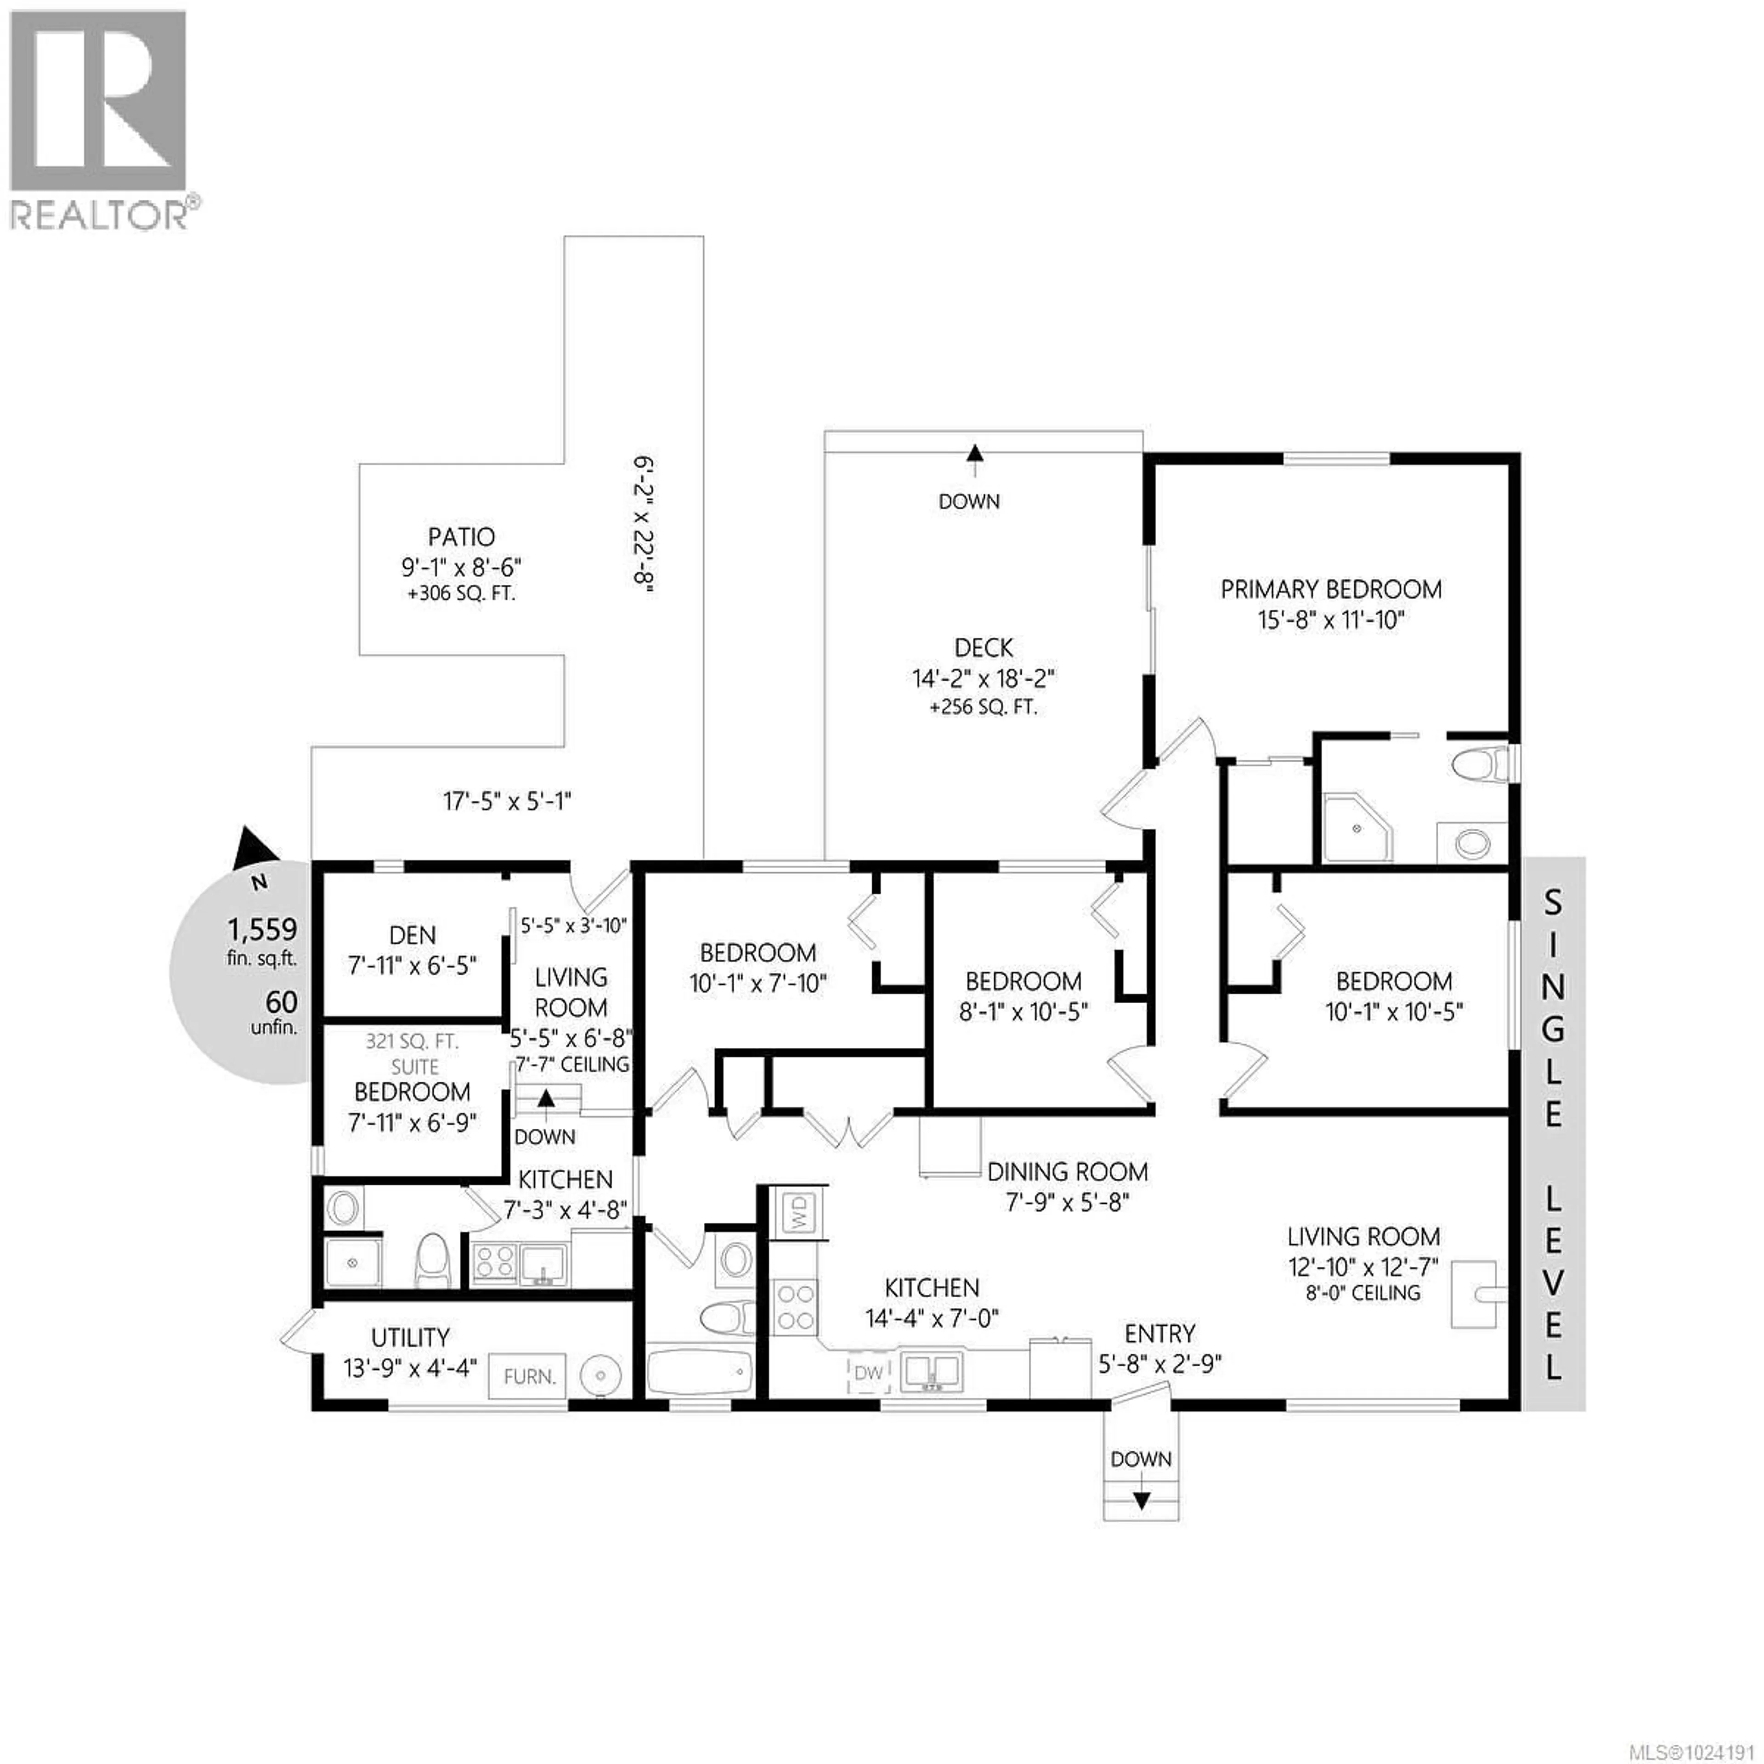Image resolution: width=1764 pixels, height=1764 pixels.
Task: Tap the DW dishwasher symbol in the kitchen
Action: (868, 1372)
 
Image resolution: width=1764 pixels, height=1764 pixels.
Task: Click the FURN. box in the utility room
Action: (529, 1376)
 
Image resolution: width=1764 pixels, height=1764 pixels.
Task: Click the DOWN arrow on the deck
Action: (975, 453)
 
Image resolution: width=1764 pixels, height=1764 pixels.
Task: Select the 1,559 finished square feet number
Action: (262, 929)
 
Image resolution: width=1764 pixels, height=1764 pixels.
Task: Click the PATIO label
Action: (461, 537)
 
